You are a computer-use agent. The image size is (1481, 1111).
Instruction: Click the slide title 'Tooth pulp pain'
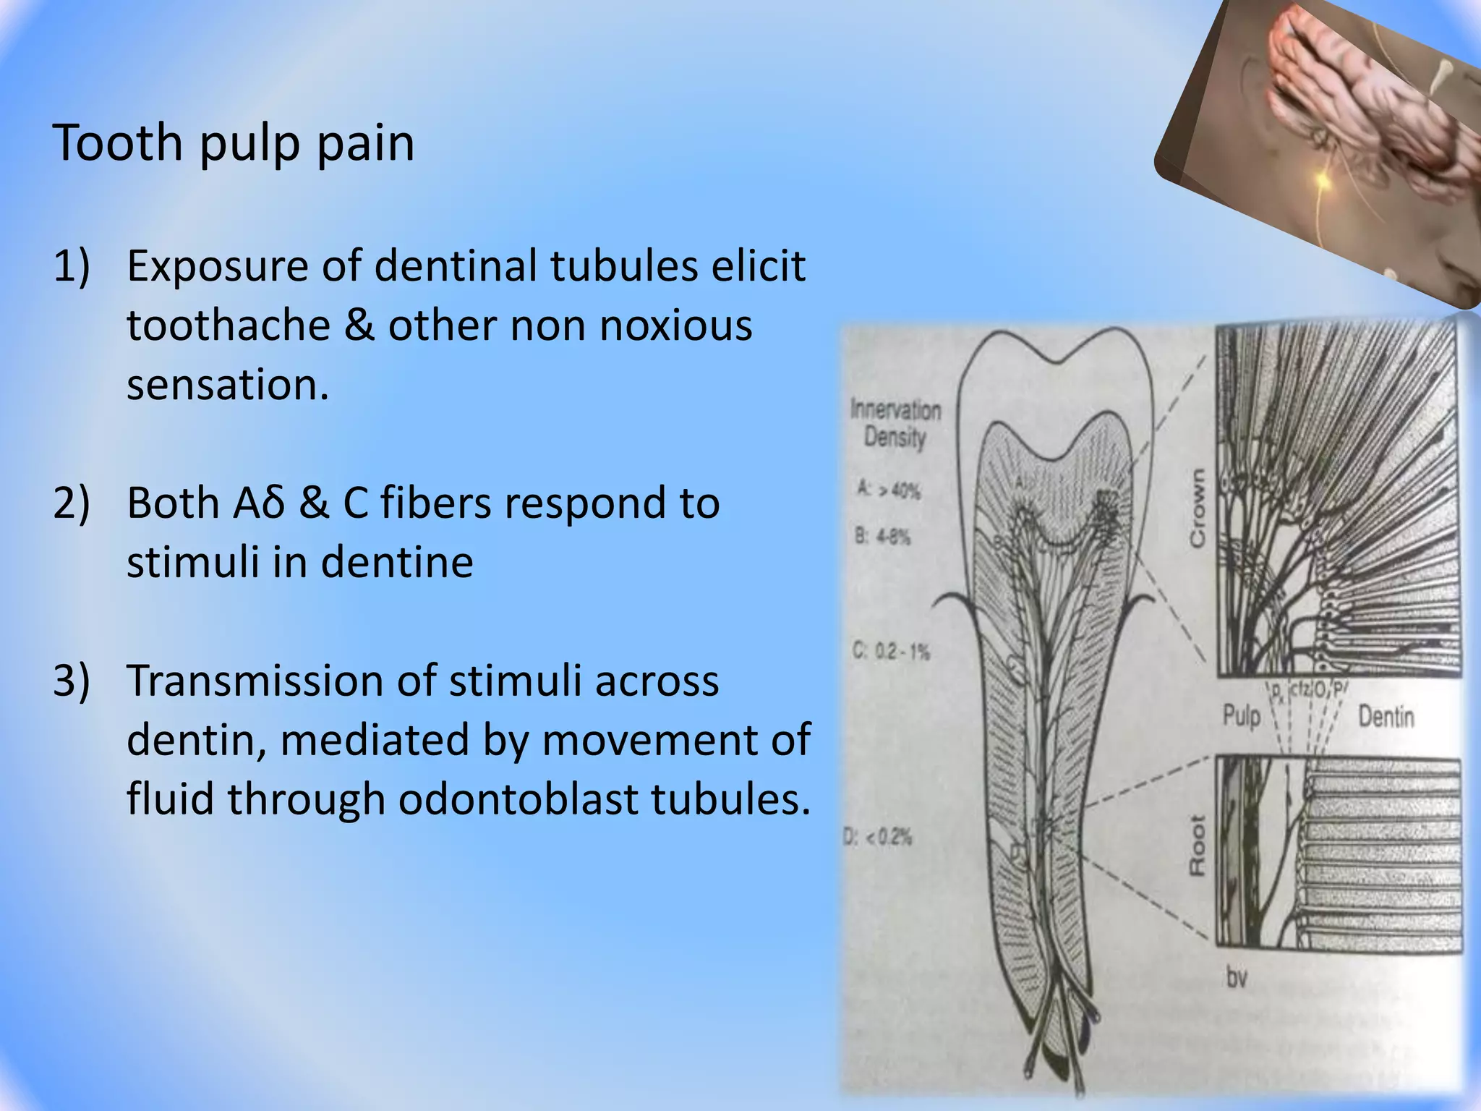(234, 142)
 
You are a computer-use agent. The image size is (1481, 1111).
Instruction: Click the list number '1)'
(72, 266)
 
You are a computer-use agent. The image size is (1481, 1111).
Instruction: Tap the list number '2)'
(72, 503)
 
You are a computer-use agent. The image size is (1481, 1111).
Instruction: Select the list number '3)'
(72, 681)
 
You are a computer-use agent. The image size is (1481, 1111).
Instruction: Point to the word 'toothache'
(229, 325)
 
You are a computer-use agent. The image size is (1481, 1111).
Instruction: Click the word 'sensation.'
(228, 385)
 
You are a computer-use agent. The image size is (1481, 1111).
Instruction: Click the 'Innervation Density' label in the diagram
(896, 424)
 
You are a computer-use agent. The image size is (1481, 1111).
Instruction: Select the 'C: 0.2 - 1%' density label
(892, 652)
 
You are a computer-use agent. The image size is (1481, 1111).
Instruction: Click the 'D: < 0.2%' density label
(878, 838)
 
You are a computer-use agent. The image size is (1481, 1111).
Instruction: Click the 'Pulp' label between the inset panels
(1242, 716)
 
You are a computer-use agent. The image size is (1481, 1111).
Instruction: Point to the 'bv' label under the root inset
(1237, 978)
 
